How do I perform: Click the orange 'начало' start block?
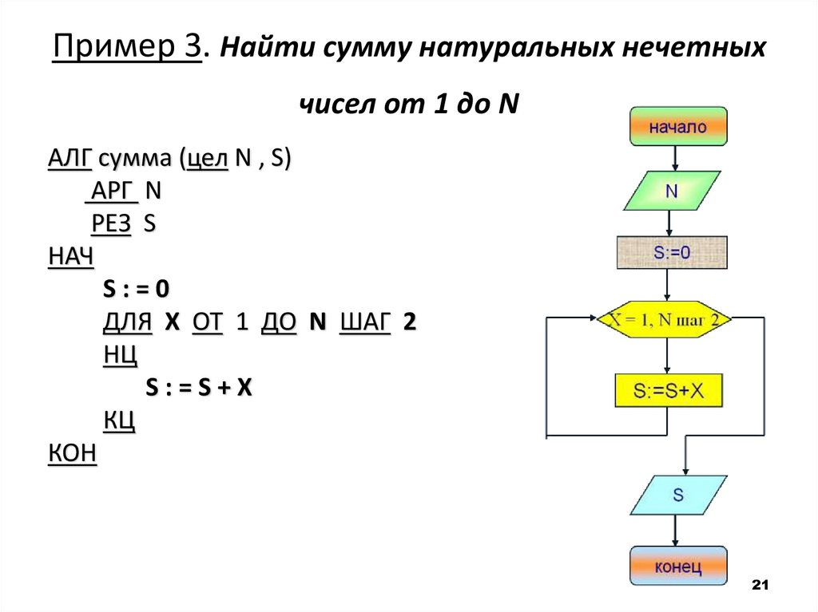pos(678,127)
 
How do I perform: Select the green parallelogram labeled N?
pos(672,191)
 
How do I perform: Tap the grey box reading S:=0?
pos(672,254)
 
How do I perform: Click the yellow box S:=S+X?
pos(669,391)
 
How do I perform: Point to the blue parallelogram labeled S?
pos(678,495)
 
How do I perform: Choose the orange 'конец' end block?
pos(678,567)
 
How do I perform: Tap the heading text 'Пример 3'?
pos(126,49)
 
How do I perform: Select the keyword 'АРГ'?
pos(111,191)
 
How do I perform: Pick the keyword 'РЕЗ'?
pos(111,224)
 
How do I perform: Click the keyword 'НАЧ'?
pos(70,257)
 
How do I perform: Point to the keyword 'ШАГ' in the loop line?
pos(365,322)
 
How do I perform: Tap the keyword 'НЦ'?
pos(120,355)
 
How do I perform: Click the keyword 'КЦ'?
pos(118,421)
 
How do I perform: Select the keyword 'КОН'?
pos(72,453)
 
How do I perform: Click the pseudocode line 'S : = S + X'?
pos(199,388)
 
